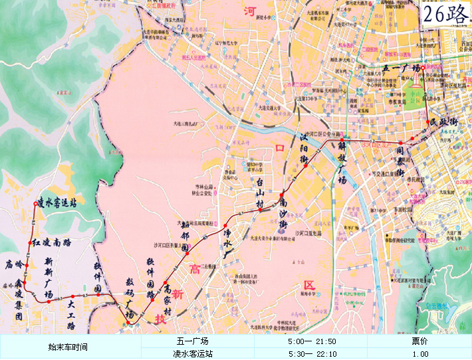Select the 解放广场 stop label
tap(342, 160)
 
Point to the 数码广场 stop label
tap(130, 299)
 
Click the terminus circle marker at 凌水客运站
tap(34, 203)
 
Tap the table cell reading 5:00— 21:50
tap(312, 341)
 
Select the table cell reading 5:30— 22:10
tap(312, 354)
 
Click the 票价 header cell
tap(419, 341)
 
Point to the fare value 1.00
tap(419, 354)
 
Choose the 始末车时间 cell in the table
tap(68, 347)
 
